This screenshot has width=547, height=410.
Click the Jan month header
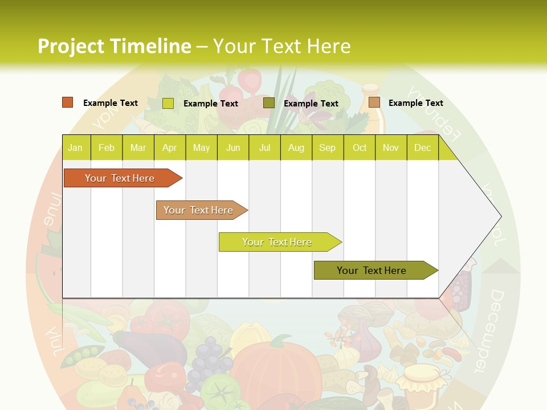(x=75, y=147)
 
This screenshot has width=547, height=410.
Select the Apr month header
(x=169, y=147)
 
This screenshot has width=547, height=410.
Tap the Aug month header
(x=296, y=147)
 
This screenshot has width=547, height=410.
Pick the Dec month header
(x=422, y=147)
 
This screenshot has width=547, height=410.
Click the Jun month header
(x=232, y=147)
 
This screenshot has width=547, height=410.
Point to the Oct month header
(x=359, y=147)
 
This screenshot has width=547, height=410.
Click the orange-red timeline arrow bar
(x=120, y=178)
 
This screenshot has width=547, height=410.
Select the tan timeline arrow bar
(x=198, y=210)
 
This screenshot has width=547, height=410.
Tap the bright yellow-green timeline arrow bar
(x=277, y=242)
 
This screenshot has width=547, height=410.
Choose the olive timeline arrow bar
(x=372, y=270)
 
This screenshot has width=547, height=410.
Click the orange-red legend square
(x=67, y=102)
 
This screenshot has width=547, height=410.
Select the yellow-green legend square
(x=168, y=103)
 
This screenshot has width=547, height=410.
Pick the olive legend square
(x=268, y=103)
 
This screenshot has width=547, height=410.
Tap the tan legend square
(x=374, y=102)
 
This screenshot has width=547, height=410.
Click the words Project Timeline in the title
(x=114, y=46)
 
